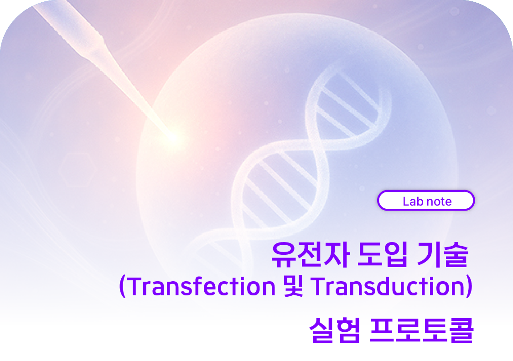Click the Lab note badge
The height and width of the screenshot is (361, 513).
425,201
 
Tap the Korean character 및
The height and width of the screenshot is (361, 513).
293,286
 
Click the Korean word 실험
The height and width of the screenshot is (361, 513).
335,330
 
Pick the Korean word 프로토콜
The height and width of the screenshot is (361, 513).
422,330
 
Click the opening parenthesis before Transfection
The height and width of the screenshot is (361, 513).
122,286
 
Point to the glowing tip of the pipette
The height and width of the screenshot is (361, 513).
176,137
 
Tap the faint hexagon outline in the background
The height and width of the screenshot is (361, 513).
78,169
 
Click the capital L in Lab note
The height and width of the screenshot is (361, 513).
406,201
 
